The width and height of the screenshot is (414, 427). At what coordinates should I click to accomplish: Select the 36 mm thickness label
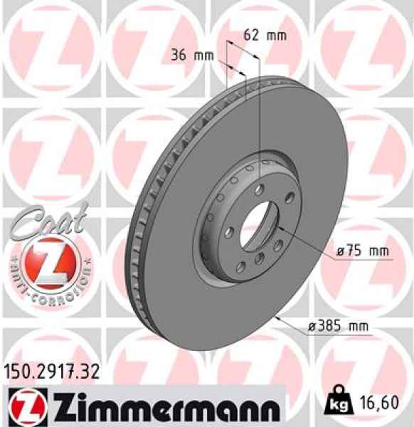click(x=193, y=55)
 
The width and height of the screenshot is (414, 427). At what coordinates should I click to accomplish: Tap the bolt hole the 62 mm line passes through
click(x=260, y=187)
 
